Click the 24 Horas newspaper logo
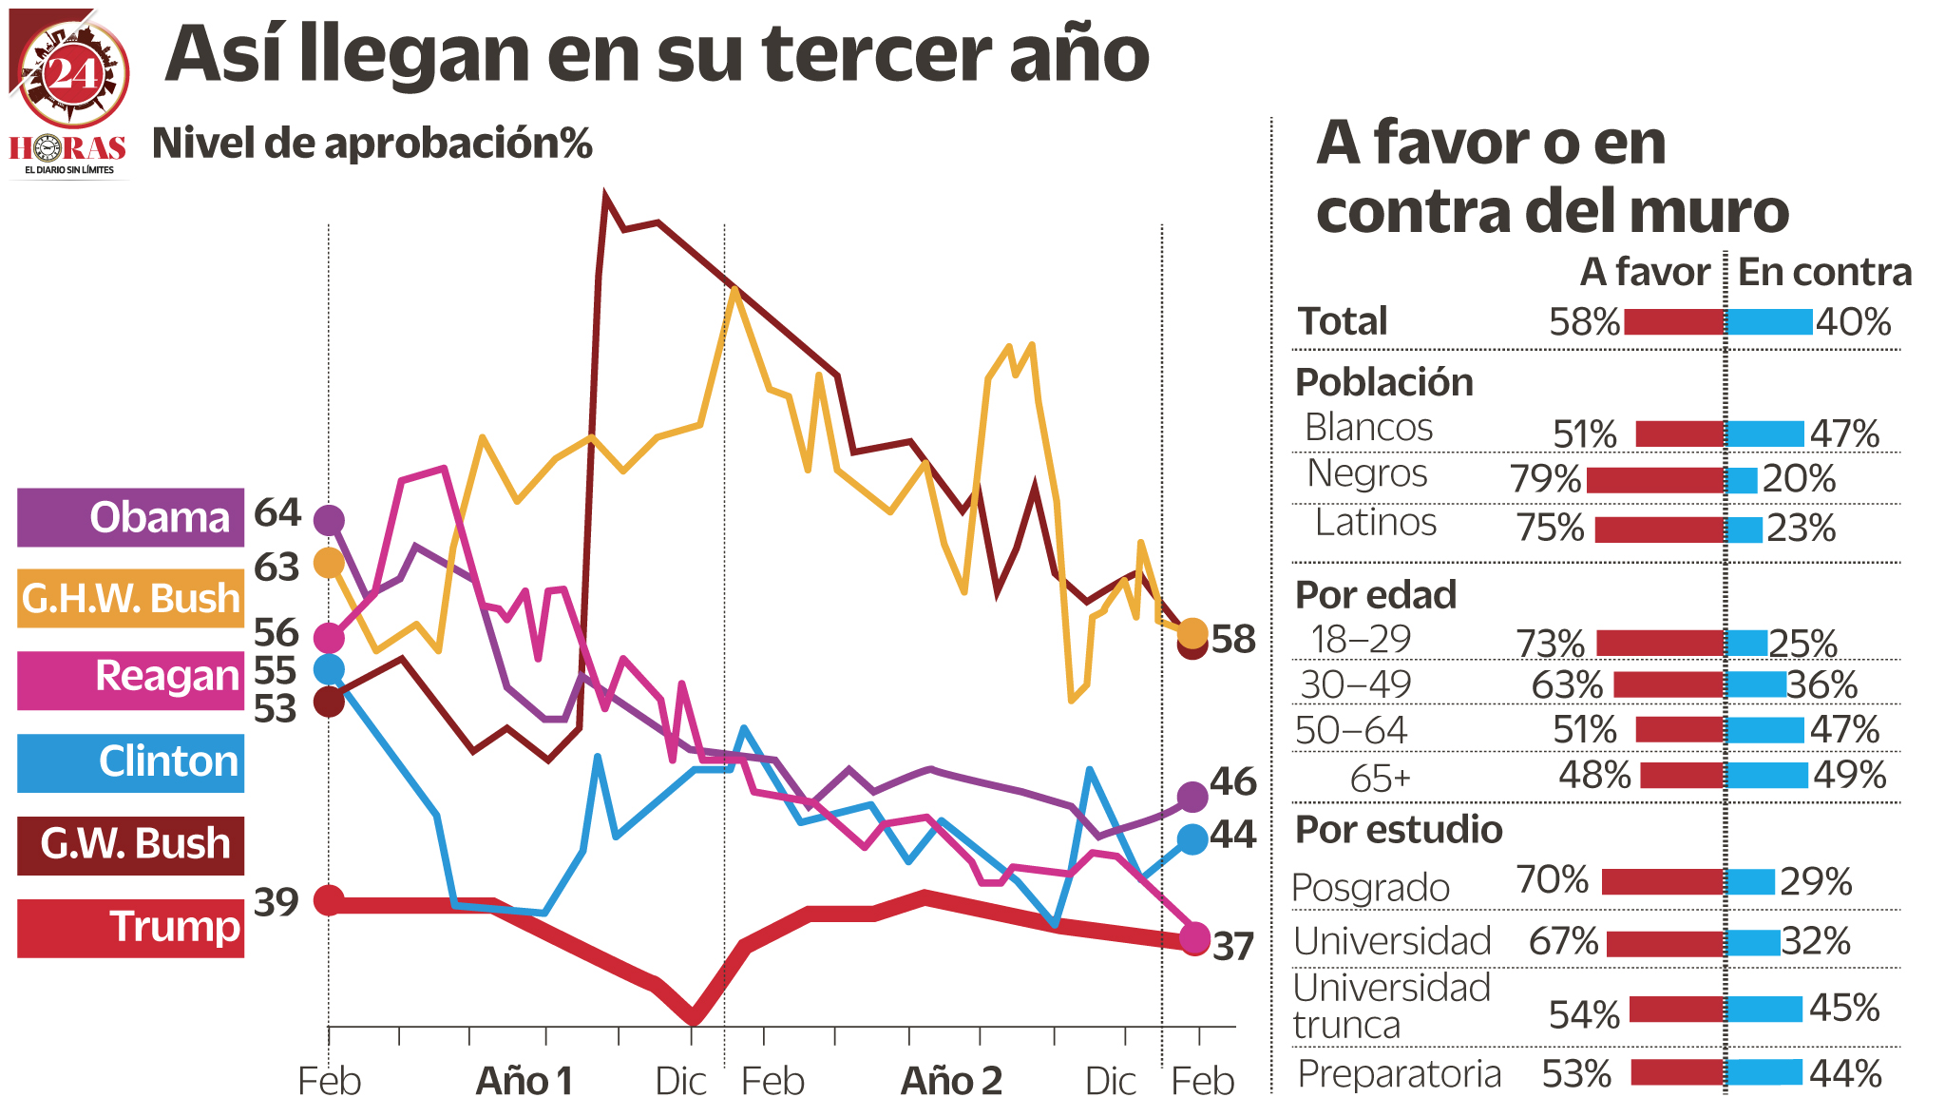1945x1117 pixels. pyautogui.click(x=68, y=95)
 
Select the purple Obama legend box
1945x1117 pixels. pyautogui.click(x=130, y=518)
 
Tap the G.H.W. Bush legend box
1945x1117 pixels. pyautogui.click(x=130, y=599)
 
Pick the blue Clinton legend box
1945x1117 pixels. pyautogui.click(x=130, y=762)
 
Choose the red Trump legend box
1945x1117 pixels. pyautogui.click(x=130, y=928)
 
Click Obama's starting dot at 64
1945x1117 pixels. pyautogui.click(x=329, y=520)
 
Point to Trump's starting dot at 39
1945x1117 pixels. pyautogui.click(x=329, y=899)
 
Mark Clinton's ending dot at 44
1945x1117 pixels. pyautogui.click(x=1192, y=838)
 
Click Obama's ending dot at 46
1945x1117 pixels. pyautogui.click(x=1192, y=797)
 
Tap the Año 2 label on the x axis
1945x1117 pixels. pyautogui.click(x=951, y=1082)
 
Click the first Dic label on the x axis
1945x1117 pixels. pyautogui.click(x=681, y=1082)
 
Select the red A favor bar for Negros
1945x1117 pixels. pyautogui.click(x=1655, y=480)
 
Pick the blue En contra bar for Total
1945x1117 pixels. pyautogui.click(x=1769, y=322)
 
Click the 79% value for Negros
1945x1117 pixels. pyautogui.click(x=1546, y=479)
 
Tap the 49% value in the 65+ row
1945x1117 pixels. pyautogui.click(x=1849, y=776)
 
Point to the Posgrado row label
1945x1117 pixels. pyautogui.click(x=1370, y=888)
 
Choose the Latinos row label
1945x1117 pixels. pyautogui.click(x=1375, y=523)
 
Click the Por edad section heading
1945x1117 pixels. pyautogui.click(x=1376, y=595)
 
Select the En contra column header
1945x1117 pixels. pyautogui.click(x=1824, y=273)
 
